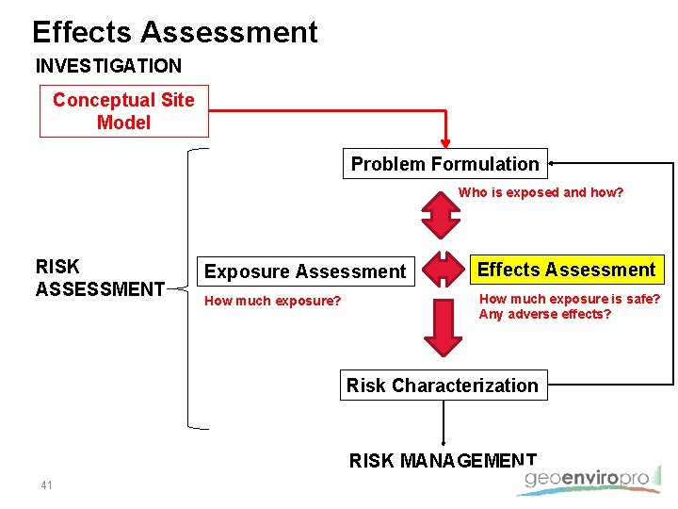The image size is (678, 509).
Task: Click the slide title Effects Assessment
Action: point(175,32)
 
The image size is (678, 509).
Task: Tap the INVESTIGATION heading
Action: point(108,66)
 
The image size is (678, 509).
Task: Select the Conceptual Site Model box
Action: point(123,111)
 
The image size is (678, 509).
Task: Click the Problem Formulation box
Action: point(444,164)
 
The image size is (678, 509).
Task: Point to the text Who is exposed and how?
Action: point(541,192)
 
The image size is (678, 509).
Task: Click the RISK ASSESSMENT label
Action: point(100,278)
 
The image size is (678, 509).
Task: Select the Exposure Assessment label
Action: point(305,271)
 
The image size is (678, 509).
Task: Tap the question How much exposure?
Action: point(273,301)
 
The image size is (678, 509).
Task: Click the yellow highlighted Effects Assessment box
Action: point(566,270)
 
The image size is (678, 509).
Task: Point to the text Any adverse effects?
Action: point(544,315)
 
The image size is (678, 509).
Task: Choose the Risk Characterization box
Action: point(443,386)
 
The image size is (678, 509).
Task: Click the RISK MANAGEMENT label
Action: point(443,460)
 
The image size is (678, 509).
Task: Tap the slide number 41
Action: point(46,485)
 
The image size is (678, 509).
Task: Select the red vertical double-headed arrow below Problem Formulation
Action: point(439,214)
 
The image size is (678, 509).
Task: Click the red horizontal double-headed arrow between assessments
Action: point(439,270)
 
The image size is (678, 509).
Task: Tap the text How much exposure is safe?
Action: point(570,300)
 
